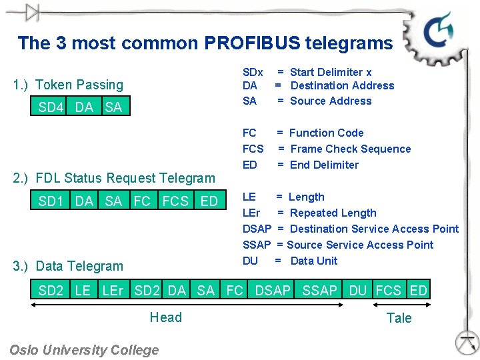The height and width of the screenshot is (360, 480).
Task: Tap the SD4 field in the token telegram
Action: [x=51, y=107]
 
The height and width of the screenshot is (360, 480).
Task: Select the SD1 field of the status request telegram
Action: [x=51, y=201]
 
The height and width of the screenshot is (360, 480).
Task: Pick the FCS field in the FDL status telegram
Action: [x=175, y=201]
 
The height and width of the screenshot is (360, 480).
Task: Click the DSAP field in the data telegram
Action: [x=273, y=291]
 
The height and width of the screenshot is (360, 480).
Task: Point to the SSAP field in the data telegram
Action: [x=319, y=291]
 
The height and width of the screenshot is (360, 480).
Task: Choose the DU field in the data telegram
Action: [x=358, y=291]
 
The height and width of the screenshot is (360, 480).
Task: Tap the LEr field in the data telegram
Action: [x=112, y=291]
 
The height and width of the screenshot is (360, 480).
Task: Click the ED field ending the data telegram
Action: [x=419, y=291]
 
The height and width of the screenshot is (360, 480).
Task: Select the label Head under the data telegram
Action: [x=166, y=317]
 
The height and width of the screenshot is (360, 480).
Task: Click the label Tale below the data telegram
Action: [x=399, y=318]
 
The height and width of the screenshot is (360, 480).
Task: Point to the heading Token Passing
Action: [x=69, y=85]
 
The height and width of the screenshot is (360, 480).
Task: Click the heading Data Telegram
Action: [x=69, y=266]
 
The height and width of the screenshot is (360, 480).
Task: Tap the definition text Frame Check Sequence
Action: [x=351, y=149]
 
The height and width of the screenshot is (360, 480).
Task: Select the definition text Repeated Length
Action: [x=333, y=213]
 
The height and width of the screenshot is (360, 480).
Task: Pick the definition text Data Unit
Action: [x=314, y=261]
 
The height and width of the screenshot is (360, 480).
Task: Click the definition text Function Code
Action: [x=327, y=133]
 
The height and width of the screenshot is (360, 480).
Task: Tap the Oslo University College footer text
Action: [x=85, y=349]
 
